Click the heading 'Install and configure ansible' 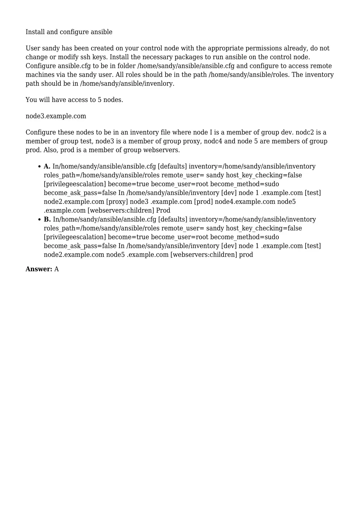(69, 32)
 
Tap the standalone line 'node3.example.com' (56, 116)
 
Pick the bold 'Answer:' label (39, 269)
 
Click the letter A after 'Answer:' (57, 269)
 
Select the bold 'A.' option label (47, 167)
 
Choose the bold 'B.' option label (47, 220)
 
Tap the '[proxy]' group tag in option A (117, 202)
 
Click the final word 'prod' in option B (246, 255)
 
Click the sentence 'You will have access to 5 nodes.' (74, 100)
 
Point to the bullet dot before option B (39, 220)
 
